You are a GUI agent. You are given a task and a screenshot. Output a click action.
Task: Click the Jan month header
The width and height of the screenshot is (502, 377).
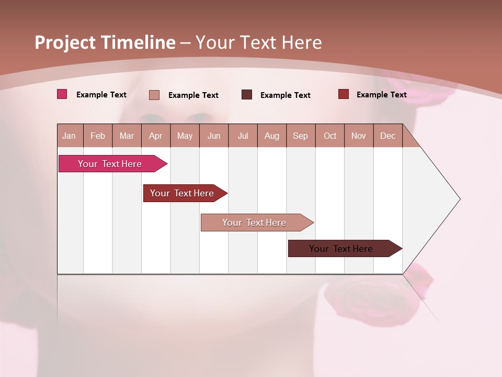[70, 136]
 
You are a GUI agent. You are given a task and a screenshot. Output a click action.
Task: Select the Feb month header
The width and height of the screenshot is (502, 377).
[98, 136]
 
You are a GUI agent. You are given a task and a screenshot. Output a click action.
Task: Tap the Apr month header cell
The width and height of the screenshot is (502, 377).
[156, 136]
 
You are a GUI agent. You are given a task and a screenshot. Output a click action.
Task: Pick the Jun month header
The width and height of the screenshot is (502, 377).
[214, 136]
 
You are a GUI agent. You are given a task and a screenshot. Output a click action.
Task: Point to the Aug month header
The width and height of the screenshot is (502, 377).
[272, 136]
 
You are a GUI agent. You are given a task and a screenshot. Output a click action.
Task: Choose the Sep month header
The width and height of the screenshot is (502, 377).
[301, 136]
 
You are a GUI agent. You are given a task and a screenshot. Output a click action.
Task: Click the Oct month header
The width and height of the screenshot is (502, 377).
[330, 136]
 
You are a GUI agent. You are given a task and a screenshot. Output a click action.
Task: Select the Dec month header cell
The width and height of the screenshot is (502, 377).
[388, 136]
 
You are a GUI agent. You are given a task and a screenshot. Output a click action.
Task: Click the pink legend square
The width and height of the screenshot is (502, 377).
[62, 94]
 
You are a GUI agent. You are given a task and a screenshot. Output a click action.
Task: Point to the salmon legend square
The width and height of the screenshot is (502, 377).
[154, 95]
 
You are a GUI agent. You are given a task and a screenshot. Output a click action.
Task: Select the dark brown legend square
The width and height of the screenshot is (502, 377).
[247, 94]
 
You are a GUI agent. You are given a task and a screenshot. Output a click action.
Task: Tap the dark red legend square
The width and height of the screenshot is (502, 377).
[344, 94]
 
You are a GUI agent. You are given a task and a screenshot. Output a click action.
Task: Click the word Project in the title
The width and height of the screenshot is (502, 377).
[65, 42]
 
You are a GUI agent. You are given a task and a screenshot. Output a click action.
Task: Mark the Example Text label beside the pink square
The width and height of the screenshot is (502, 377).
[101, 95]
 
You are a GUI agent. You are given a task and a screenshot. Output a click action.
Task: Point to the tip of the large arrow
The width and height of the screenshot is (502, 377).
[459, 199]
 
